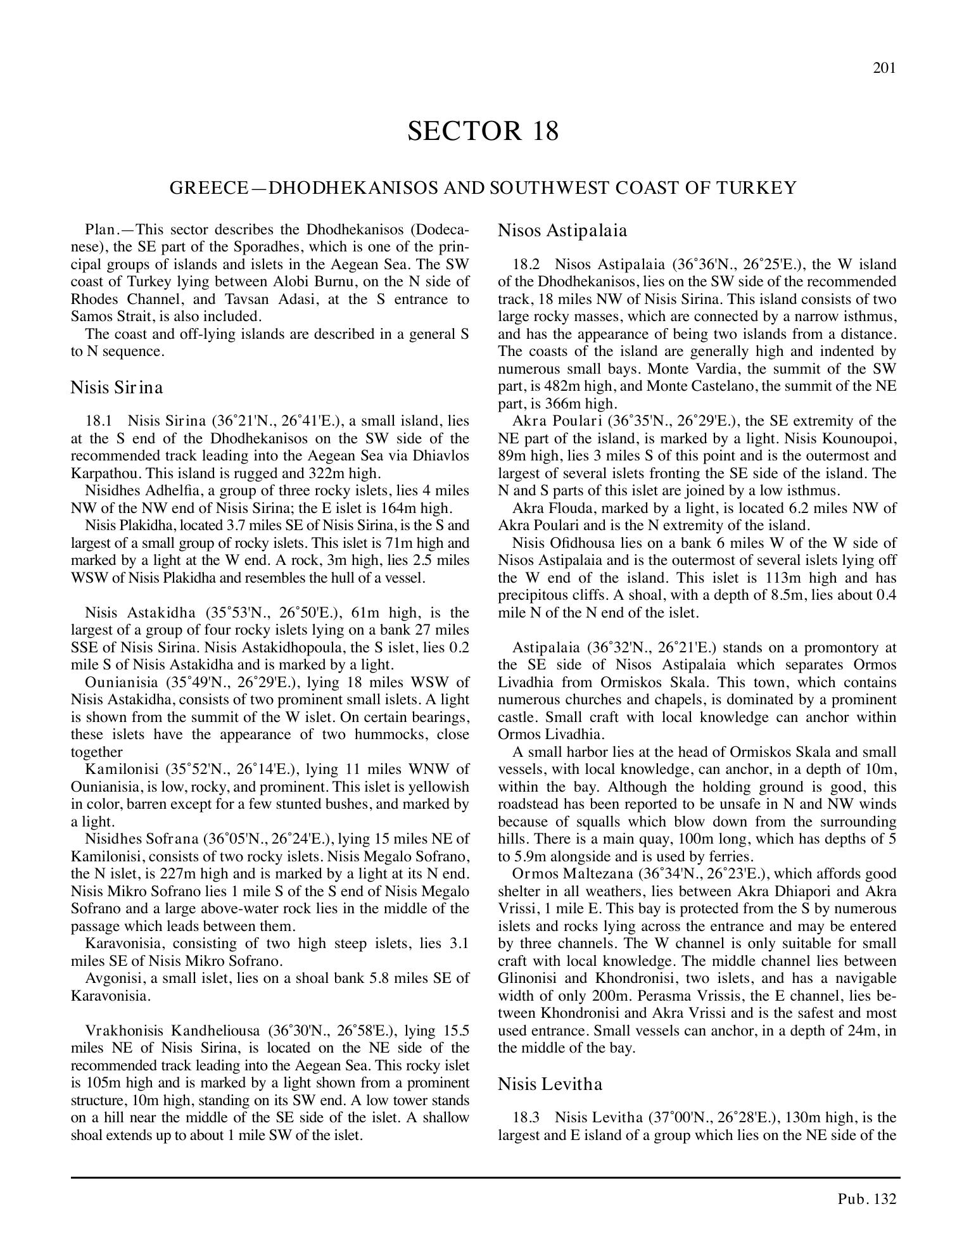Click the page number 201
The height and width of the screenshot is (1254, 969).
tap(884, 68)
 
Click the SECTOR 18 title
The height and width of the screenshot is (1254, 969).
tap(483, 131)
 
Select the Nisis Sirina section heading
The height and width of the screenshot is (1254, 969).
tap(117, 388)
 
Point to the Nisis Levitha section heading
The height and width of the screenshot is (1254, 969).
tap(550, 1084)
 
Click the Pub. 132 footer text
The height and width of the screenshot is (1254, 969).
tap(867, 1199)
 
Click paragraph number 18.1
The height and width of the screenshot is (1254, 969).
tap(98, 421)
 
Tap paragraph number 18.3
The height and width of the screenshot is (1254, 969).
tap(526, 1118)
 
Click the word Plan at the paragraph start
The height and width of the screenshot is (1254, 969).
tap(99, 229)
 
